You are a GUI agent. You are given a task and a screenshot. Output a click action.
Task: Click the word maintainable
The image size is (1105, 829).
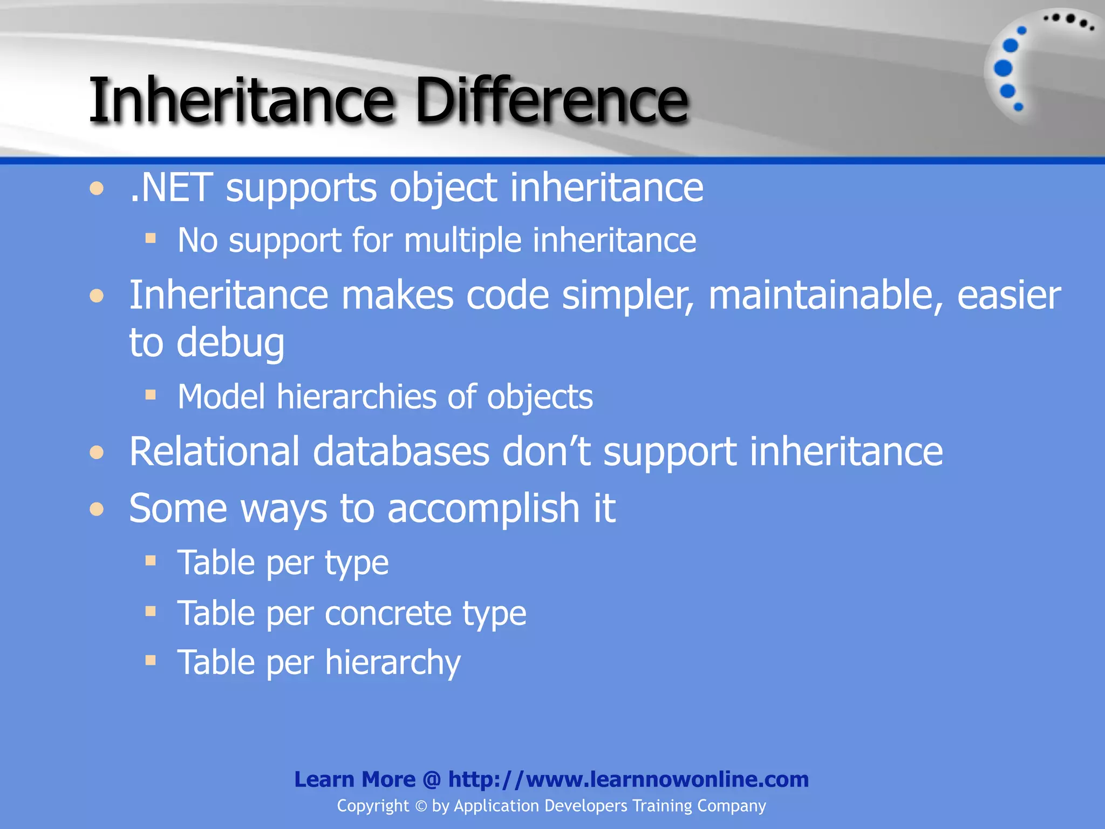coord(826,296)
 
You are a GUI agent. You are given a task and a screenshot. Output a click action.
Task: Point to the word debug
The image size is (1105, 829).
coord(230,344)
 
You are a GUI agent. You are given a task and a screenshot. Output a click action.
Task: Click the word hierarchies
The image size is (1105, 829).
coord(356,397)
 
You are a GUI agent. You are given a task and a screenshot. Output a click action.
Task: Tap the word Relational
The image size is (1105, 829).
coord(214,451)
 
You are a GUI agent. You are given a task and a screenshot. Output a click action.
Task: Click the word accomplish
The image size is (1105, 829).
coord(483,509)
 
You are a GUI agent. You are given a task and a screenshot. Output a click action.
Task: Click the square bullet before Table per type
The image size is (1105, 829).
coord(151,561)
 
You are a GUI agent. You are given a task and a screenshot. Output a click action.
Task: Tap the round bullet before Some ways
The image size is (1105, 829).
coord(97,509)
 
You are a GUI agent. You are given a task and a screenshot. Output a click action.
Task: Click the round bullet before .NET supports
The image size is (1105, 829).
coord(97,188)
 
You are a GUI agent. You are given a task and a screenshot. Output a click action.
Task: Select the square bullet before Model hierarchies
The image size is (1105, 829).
coord(151,396)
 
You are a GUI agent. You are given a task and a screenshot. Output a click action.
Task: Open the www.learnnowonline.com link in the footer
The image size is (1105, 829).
coord(629,779)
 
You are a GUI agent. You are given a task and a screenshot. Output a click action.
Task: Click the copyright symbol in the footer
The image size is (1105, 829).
coord(421,806)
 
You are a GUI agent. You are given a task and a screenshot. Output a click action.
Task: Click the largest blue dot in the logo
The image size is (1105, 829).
coord(1003,68)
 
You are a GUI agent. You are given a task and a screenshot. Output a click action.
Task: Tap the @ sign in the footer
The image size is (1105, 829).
coord(432,780)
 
